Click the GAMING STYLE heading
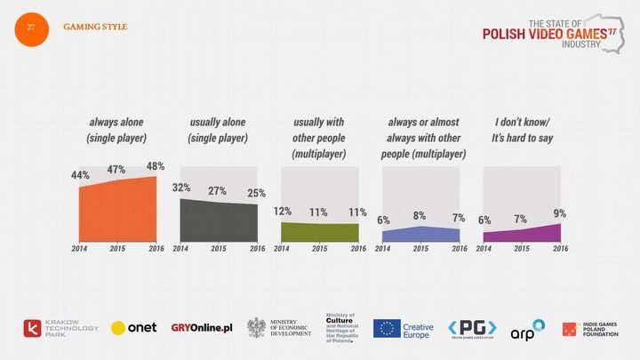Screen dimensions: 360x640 (x=95, y=28)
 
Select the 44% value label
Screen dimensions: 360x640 (x=80, y=175)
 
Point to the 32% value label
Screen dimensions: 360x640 (x=181, y=188)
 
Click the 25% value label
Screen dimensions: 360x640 (x=256, y=193)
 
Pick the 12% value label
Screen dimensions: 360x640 (x=282, y=212)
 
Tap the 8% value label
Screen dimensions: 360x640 (x=420, y=215)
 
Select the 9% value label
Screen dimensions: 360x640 (x=559, y=213)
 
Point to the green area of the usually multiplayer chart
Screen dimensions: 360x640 (x=319, y=232)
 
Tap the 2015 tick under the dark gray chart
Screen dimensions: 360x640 (x=219, y=249)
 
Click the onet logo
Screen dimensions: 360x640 (x=133, y=328)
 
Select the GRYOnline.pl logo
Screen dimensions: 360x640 (x=201, y=328)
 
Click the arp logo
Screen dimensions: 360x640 (x=526, y=331)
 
